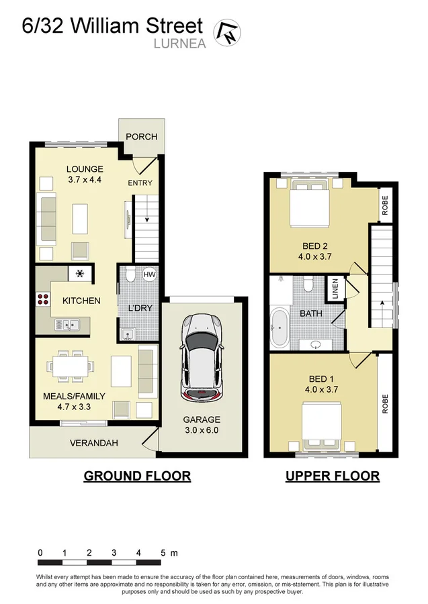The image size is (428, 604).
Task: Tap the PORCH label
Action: click(141, 136)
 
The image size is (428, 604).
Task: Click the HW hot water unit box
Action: click(149, 274)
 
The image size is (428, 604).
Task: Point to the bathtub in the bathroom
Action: click(279, 329)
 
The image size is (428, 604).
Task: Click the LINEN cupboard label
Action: click(335, 289)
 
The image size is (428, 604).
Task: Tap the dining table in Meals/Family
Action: click(67, 367)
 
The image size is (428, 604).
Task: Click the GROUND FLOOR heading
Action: click(137, 476)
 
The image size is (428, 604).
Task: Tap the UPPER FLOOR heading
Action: click(332, 476)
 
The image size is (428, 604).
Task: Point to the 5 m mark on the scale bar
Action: click(163, 553)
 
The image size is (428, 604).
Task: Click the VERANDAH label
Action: click(95, 443)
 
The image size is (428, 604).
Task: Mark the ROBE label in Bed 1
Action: click(386, 403)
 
